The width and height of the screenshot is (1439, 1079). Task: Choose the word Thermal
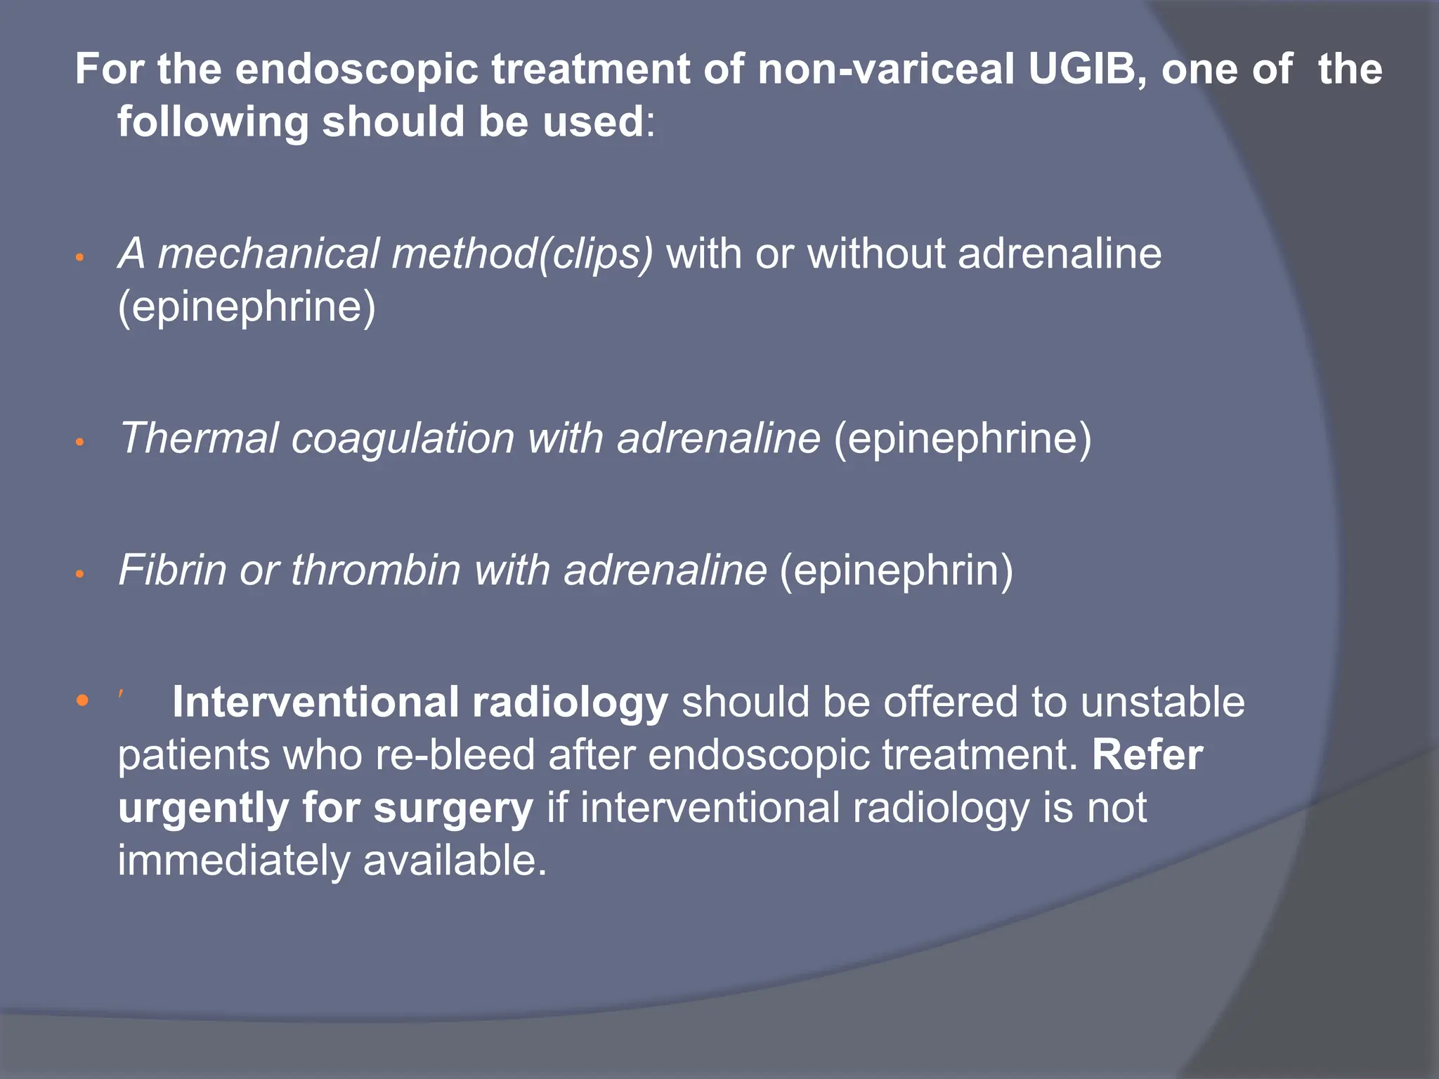click(x=199, y=438)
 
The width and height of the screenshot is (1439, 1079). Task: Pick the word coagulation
click(x=403, y=438)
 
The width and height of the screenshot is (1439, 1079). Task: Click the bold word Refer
click(x=1147, y=754)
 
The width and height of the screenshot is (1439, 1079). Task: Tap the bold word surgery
click(x=453, y=808)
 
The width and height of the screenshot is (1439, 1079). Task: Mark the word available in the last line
click(x=454, y=861)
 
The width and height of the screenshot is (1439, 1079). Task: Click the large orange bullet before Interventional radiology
click(x=82, y=700)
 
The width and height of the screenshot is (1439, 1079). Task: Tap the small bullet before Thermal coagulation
click(x=80, y=443)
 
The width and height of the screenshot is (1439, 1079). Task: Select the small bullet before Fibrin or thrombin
click(x=80, y=574)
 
